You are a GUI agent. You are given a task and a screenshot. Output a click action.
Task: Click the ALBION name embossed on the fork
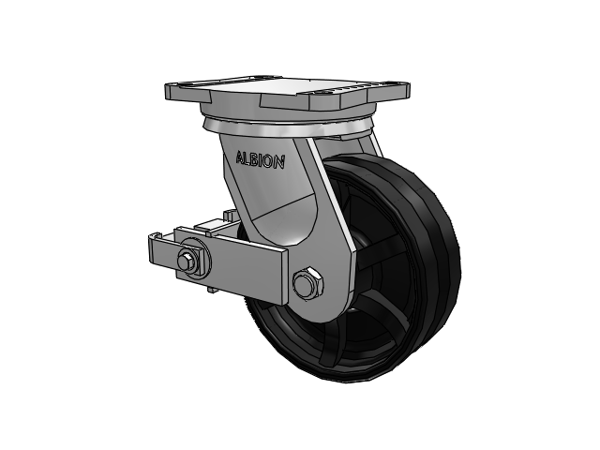point(261,160)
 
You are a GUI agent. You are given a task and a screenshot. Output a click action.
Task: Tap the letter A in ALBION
point(240,157)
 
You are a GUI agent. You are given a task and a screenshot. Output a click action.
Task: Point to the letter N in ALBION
point(279,162)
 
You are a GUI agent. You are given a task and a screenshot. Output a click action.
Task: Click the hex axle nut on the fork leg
point(307,283)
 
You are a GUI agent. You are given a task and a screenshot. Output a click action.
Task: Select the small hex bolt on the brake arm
point(185,261)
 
